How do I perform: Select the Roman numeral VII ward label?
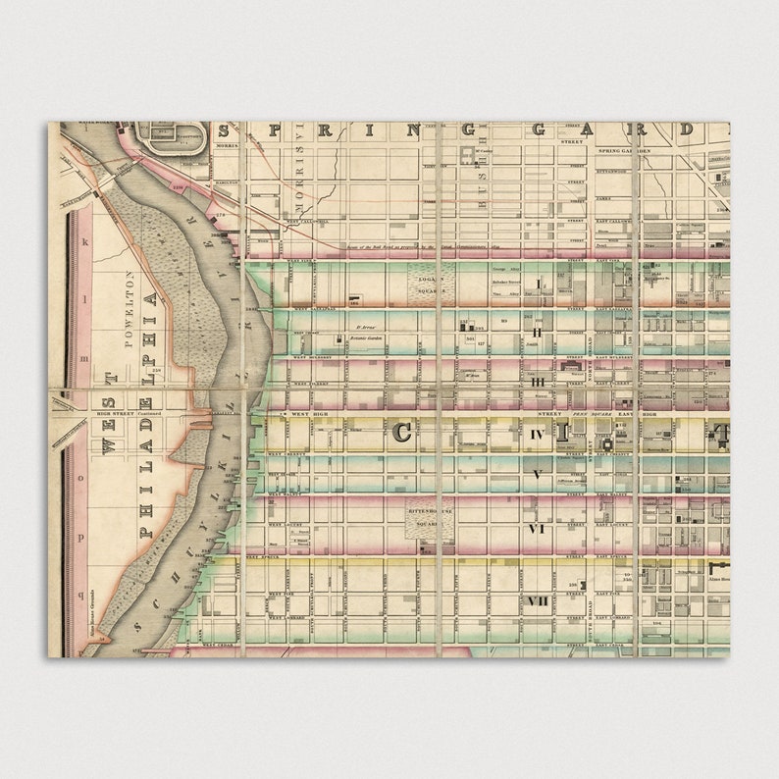(x=537, y=600)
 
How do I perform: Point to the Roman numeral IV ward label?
(x=537, y=433)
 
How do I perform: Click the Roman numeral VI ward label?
(x=537, y=528)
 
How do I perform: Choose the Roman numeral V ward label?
(x=537, y=474)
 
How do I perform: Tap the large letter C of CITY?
(x=402, y=433)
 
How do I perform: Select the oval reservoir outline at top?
(x=173, y=136)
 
